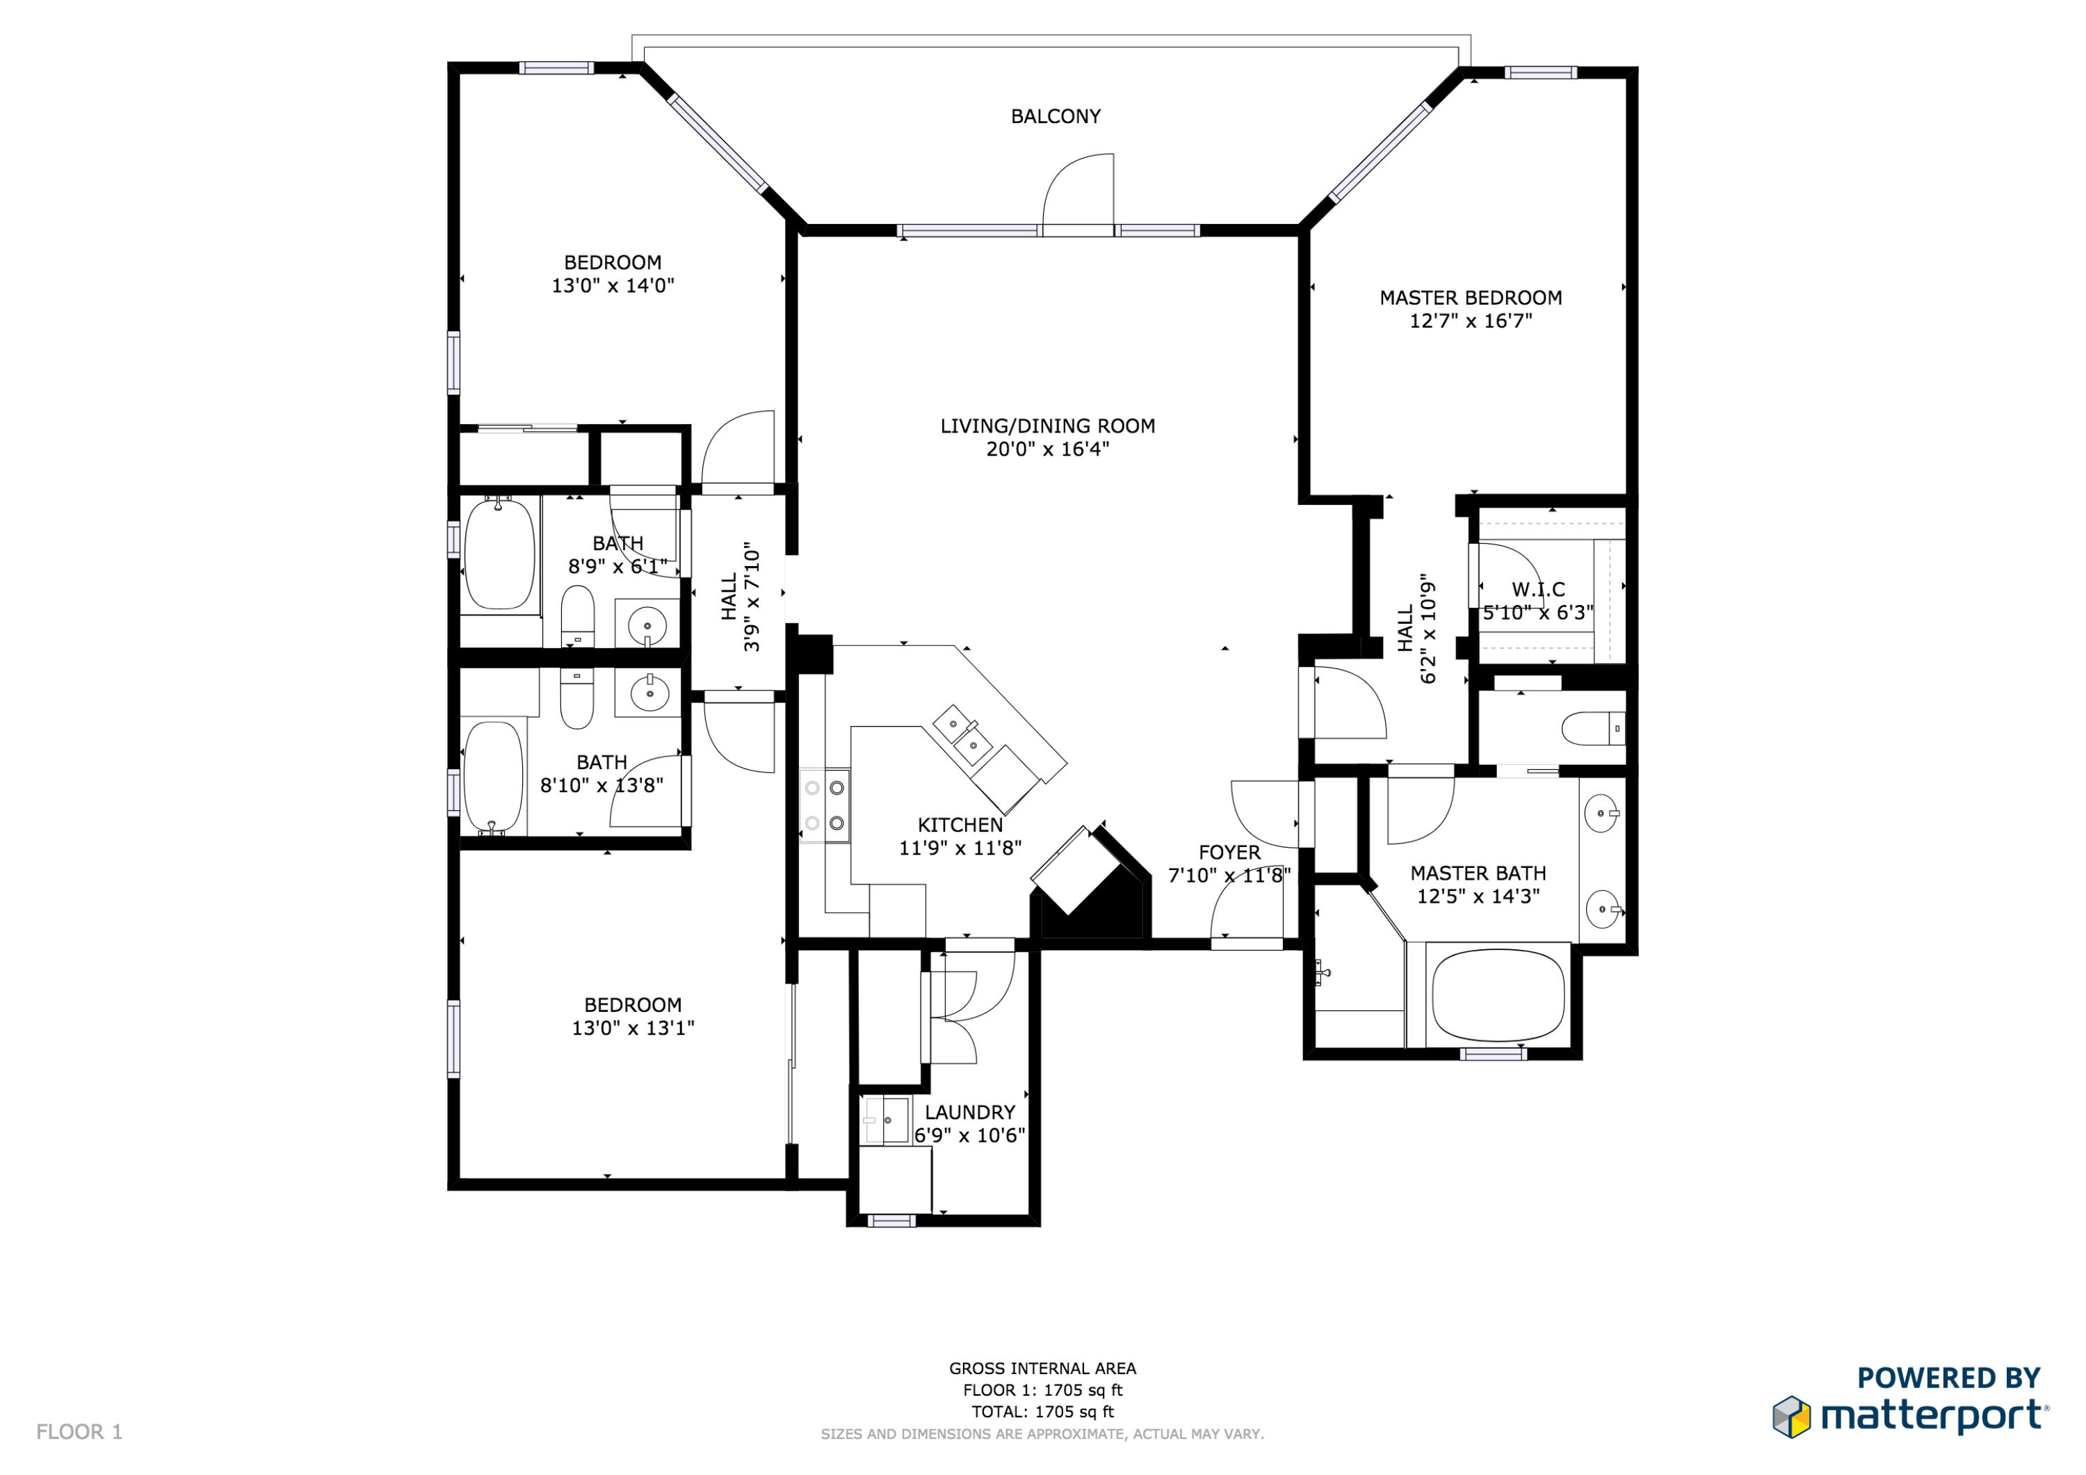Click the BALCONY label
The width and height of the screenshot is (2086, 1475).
pyautogui.click(x=1056, y=116)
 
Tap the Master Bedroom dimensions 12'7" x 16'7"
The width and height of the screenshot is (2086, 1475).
pyautogui.click(x=1471, y=321)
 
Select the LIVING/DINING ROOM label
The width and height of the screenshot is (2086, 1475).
pyautogui.click(x=1048, y=426)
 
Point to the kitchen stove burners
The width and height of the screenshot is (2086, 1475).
pyautogui.click(x=825, y=805)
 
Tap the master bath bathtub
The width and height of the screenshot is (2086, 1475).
pyautogui.click(x=1498, y=995)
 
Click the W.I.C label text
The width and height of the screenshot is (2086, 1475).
pyautogui.click(x=1538, y=589)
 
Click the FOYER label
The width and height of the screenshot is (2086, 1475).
pyautogui.click(x=1229, y=853)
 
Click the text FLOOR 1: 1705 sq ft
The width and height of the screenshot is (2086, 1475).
pyautogui.click(x=1042, y=1389)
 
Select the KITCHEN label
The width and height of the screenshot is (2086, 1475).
pyautogui.click(x=960, y=825)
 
